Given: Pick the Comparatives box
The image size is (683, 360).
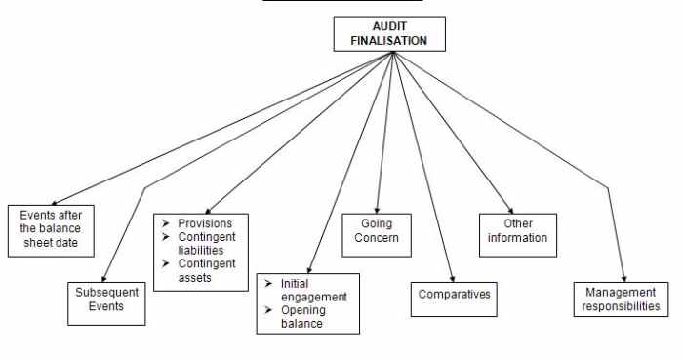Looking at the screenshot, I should (x=453, y=293).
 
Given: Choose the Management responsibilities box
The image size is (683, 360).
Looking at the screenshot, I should (x=622, y=299).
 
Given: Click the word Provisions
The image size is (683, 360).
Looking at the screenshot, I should (x=205, y=223).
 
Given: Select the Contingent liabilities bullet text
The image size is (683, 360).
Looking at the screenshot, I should (x=206, y=244).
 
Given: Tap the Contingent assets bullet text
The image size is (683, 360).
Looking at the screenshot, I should (x=206, y=270).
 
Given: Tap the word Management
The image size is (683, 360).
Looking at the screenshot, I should (x=622, y=292).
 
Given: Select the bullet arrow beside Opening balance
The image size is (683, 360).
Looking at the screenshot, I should (x=266, y=310).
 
